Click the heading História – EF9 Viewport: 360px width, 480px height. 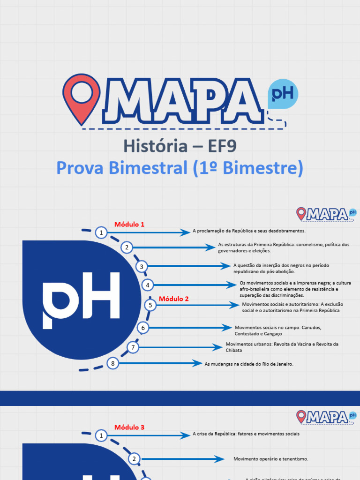point(180,146)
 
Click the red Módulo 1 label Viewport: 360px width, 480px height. point(129,225)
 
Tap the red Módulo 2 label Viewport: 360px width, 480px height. point(173,299)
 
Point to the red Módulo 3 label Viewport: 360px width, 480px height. point(129,427)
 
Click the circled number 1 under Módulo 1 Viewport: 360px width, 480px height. point(101,232)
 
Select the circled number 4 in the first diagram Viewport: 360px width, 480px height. point(148,285)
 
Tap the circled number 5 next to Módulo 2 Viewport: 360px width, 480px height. point(150,305)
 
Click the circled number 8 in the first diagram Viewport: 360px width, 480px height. point(112,363)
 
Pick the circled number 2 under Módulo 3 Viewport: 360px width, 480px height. point(134,459)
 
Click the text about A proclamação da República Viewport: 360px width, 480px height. point(249,231)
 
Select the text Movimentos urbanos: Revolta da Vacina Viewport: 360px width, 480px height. point(282,347)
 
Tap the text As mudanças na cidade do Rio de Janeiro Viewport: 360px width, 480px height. point(249,364)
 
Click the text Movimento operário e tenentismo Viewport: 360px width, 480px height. point(270,459)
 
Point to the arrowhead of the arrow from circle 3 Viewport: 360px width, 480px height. point(227,266)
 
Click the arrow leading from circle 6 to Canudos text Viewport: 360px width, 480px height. point(187,328)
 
